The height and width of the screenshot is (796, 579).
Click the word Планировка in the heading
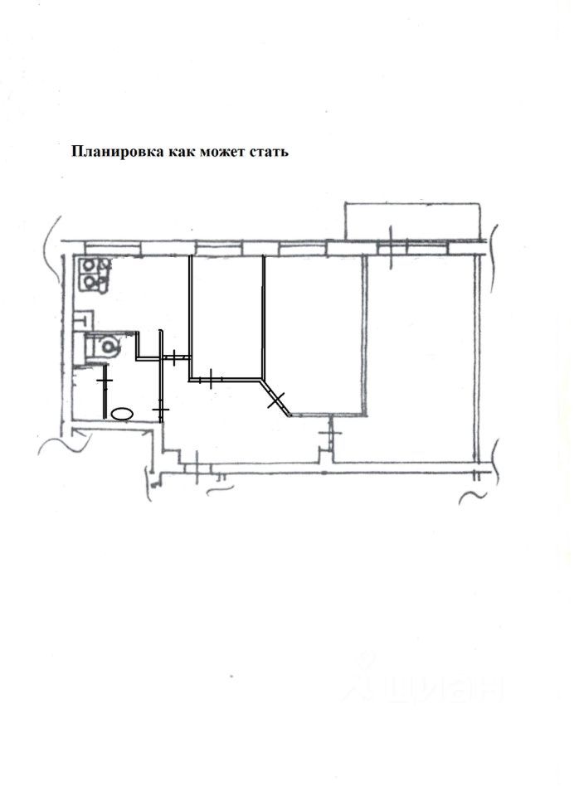117,152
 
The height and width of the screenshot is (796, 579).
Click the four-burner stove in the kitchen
96,274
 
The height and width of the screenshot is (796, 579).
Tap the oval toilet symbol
123,412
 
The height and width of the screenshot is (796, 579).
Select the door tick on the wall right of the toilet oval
161,409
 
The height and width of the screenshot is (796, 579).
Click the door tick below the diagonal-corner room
329,432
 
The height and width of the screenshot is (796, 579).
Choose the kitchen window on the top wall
114,246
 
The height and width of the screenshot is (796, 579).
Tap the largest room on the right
423,357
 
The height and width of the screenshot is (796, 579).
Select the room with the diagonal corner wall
315,332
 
